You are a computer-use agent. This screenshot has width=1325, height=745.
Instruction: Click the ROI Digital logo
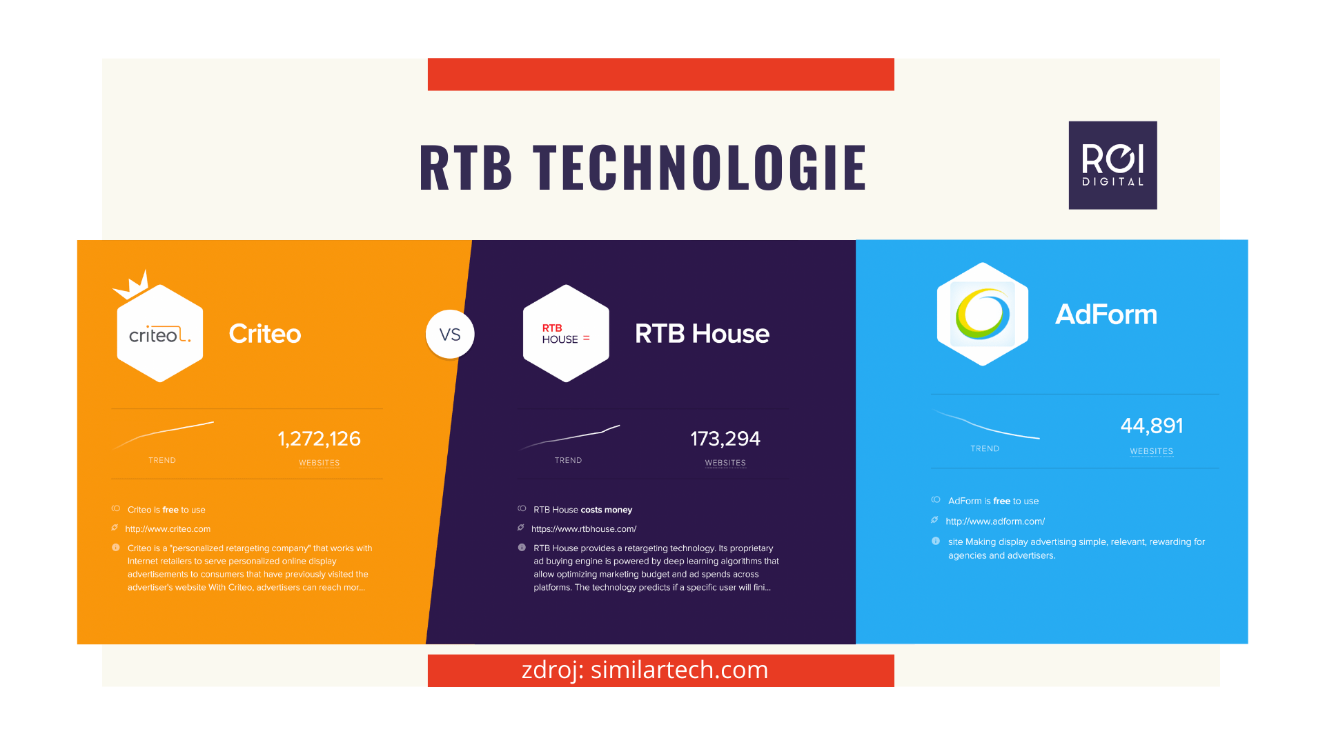coord(1112,166)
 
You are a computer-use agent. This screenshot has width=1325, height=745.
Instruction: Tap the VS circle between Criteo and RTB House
coord(450,335)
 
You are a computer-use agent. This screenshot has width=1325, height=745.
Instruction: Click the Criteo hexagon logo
coord(160,333)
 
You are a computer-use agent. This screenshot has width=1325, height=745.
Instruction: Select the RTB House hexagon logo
coord(566,333)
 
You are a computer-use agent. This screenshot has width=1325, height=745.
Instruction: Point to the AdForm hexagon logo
coord(983,314)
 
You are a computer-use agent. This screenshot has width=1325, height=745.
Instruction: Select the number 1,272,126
coord(319,439)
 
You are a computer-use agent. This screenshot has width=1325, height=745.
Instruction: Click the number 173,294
coord(725,439)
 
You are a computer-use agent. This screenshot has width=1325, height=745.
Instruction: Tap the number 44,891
coord(1152,426)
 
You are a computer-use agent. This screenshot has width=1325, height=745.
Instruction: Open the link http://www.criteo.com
coord(168,529)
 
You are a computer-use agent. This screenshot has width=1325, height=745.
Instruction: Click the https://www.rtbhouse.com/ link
coord(584,529)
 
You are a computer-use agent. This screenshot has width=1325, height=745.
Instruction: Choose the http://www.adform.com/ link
coord(995,521)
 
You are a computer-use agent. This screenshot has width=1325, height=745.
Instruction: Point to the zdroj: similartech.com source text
coord(645,670)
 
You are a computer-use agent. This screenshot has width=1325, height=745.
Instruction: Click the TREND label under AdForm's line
coord(985,448)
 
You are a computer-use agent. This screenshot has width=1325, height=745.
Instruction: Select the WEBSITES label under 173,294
coord(725,463)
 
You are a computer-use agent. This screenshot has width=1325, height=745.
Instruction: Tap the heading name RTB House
coord(702,334)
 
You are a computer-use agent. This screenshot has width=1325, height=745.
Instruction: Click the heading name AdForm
coord(1106,315)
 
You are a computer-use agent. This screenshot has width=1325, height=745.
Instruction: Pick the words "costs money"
coord(607,510)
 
